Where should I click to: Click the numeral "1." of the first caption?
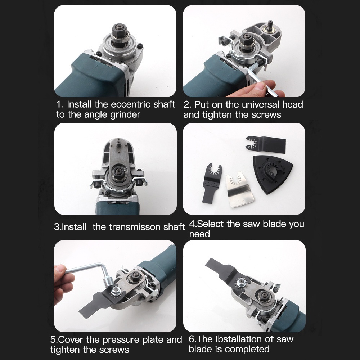pos(60,105)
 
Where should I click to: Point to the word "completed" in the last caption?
pos(249,349)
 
